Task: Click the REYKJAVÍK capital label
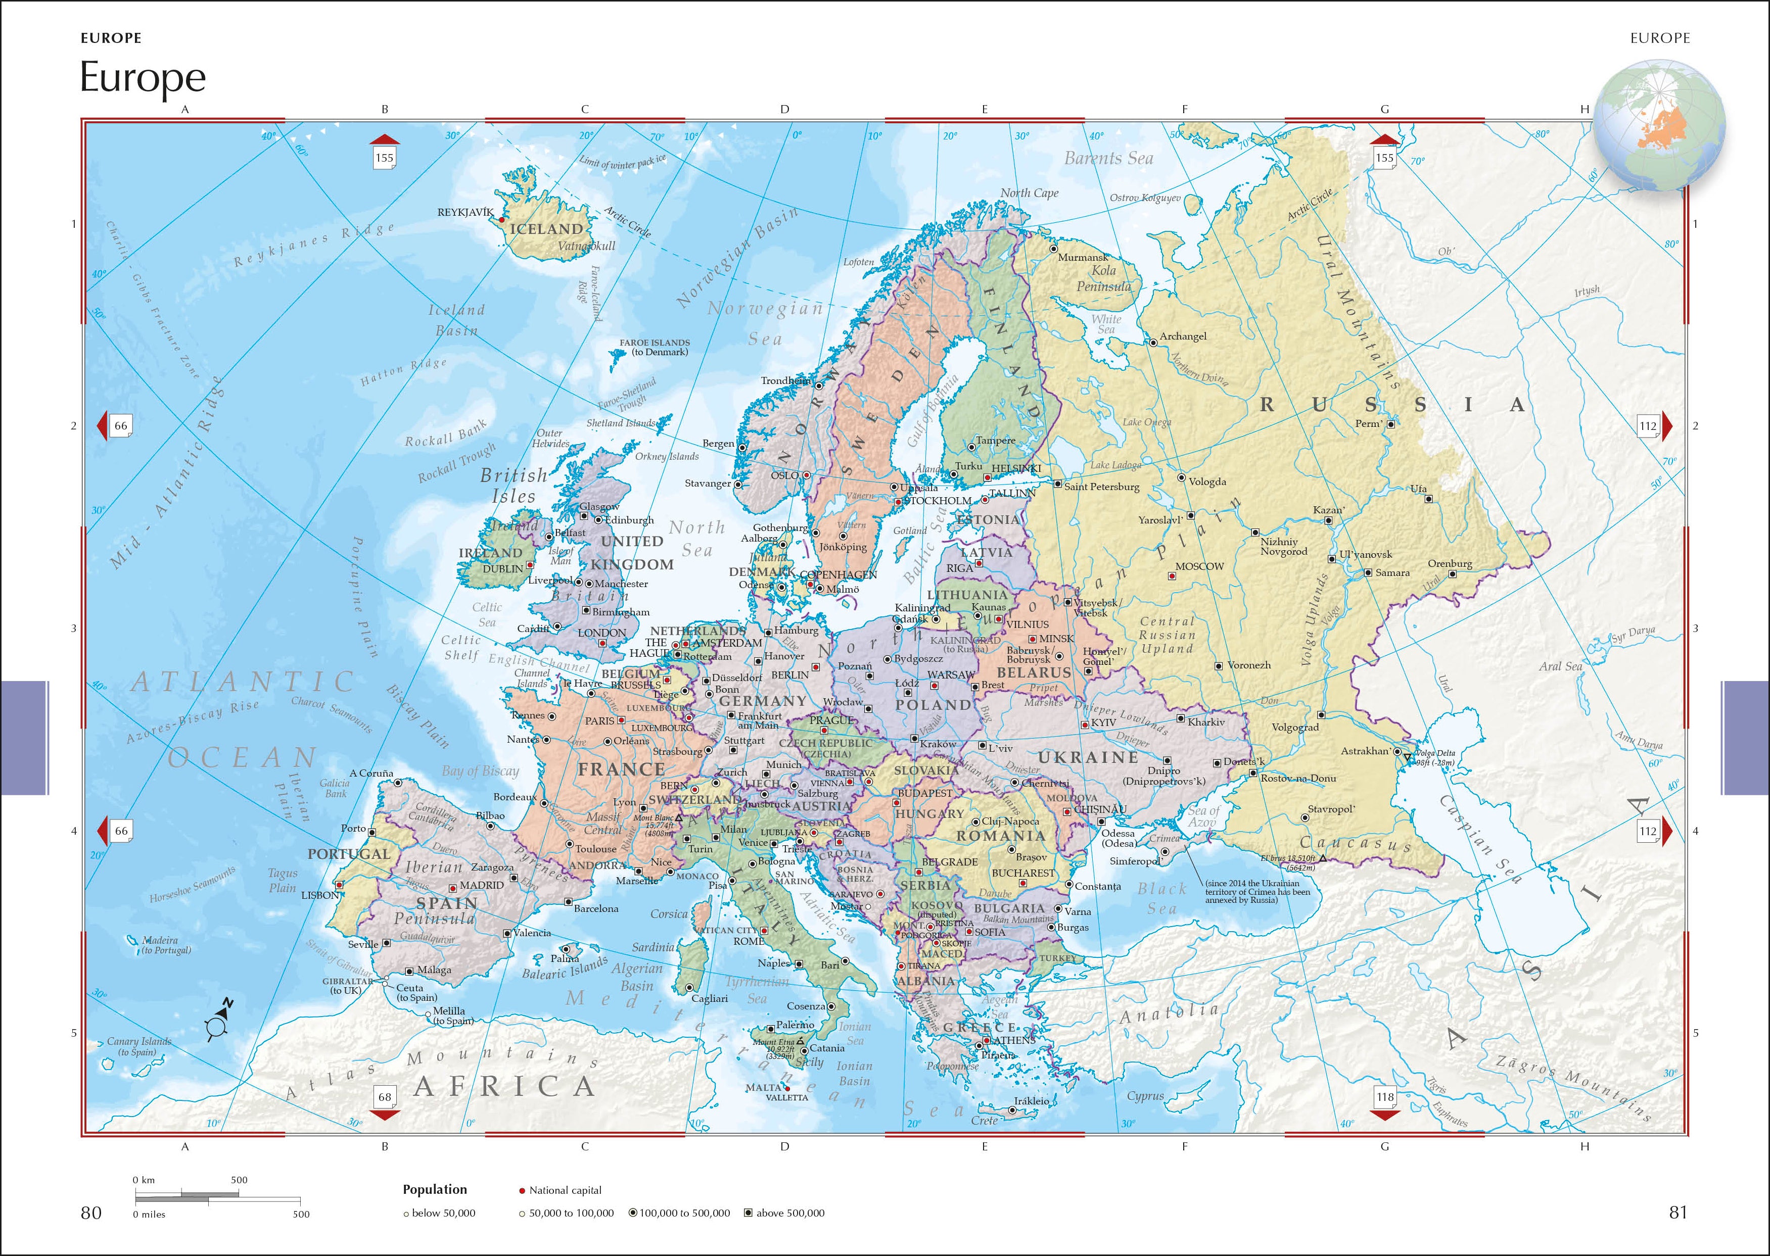click(x=465, y=212)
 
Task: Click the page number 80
click(x=91, y=1212)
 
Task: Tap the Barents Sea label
click(x=1108, y=159)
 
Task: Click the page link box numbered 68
click(x=385, y=1097)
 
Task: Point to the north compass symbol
click(x=218, y=1019)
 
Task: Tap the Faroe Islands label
click(x=655, y=347)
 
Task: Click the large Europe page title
click(x=143, y=77)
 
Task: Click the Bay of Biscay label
click(x=480, y=770)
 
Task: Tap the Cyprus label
click(x=1145, y=1096)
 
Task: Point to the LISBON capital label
click(x=319, y=895)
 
